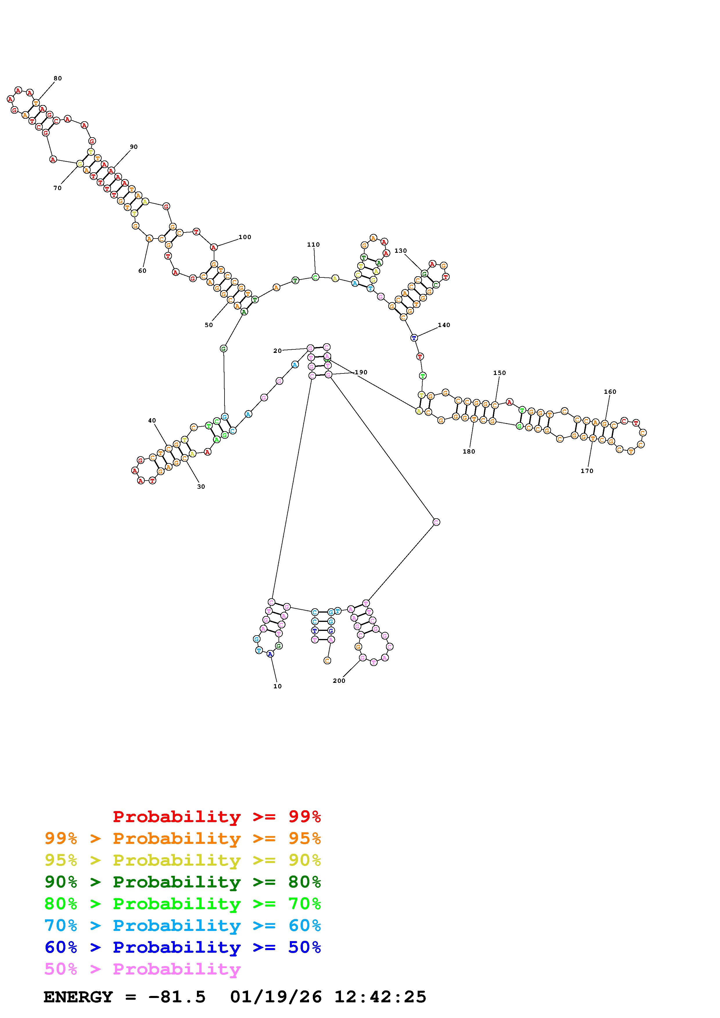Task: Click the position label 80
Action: (x=58, y=78)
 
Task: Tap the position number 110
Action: (x=313, y=244)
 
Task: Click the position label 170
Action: (x=587, y=471)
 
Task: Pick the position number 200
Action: (x=339, y=681)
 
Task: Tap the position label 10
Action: (x=277, y=686)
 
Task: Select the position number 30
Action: (x=201, y=486)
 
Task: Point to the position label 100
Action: (x=245, y=237)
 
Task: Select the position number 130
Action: (x=401, y=250)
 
